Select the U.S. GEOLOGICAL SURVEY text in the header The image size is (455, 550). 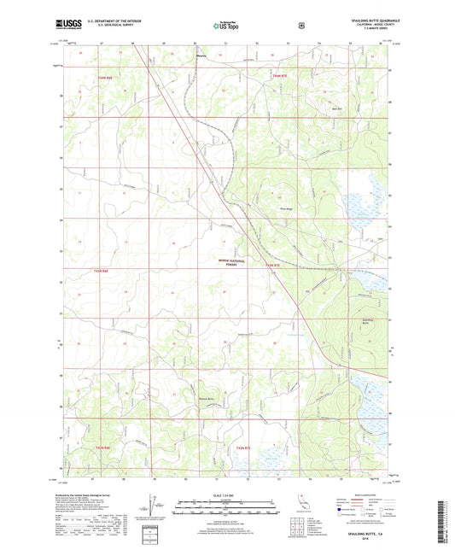click(x=100, y=28)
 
